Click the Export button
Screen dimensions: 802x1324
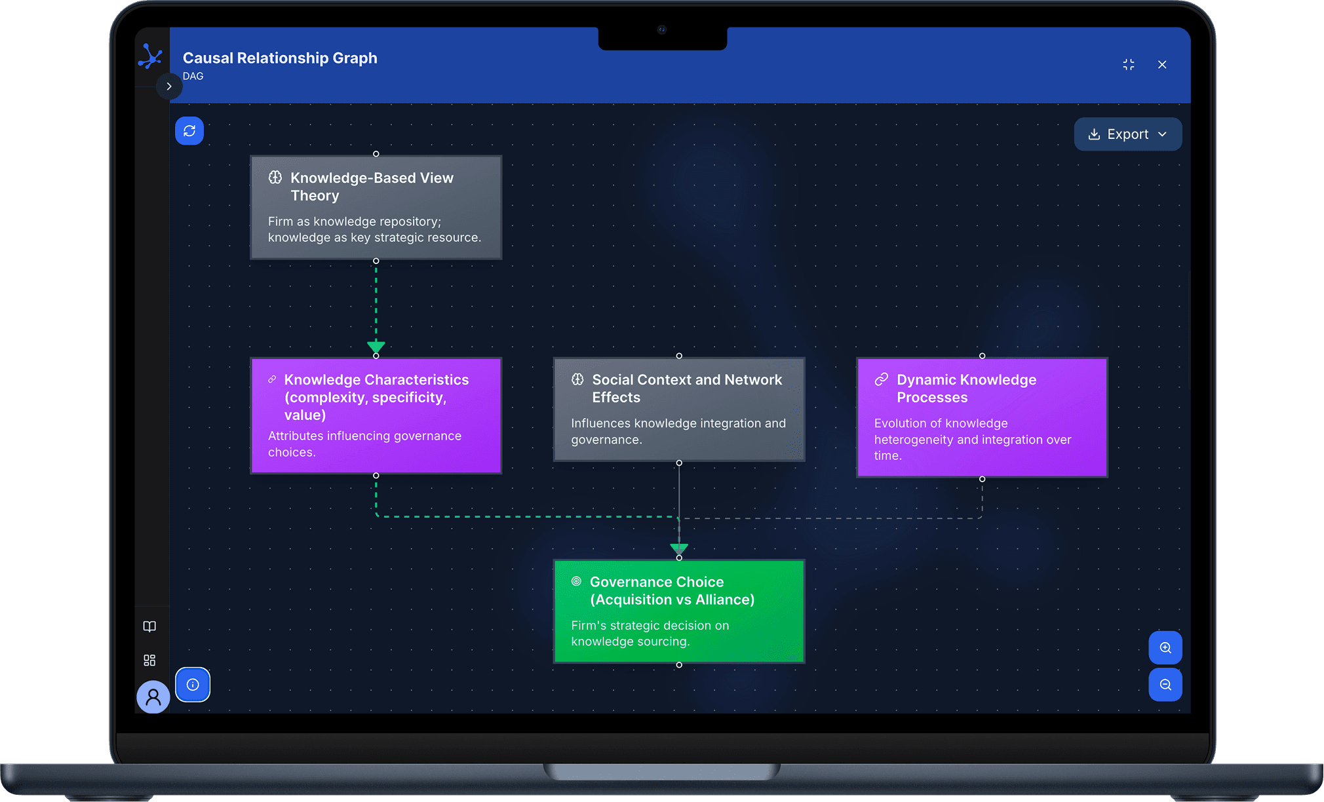(1127, 134)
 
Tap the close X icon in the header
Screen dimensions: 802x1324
(1162, 64)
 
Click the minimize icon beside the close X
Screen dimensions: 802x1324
(1129, 64)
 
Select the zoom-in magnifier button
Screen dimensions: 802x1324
(1165, 647)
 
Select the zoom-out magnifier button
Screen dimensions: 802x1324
(1165, 685)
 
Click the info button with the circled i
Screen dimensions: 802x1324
(193, 685)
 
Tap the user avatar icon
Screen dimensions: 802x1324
(153, 697)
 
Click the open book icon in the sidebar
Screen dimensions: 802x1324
(149, 626)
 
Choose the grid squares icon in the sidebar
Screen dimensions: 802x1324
(149, 660)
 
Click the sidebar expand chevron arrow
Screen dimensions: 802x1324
(169, 86)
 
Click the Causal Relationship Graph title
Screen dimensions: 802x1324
(280, 58)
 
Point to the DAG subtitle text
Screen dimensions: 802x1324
(193, 76)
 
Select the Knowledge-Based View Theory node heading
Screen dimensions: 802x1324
(372, 187)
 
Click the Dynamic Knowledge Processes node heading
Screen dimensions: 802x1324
(966, 389)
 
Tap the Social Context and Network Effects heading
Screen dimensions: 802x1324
(687, 389)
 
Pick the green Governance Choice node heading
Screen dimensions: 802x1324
(672, 590)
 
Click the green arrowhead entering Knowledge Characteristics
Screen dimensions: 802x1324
(376, 347)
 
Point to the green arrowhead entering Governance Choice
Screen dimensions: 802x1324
(679, 548)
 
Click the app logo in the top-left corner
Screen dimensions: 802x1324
(151, 57)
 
